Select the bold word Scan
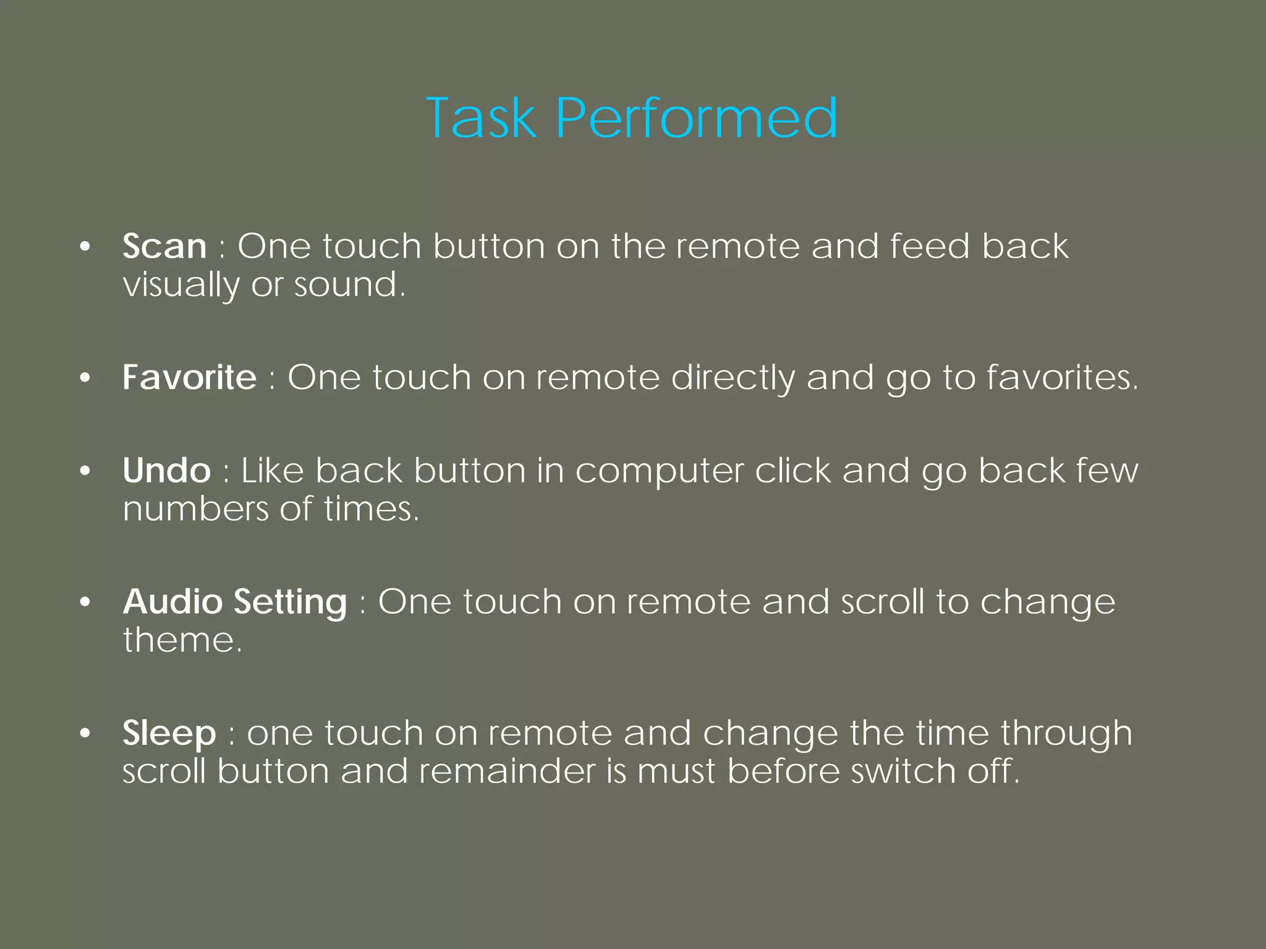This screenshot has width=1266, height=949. [x=164, y=246]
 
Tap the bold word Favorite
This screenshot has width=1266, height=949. [x=189, y=377]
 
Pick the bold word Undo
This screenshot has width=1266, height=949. [x=167, y=471]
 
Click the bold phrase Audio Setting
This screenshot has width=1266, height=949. [x=235, y=602]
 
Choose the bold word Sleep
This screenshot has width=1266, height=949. [x=169, y=733]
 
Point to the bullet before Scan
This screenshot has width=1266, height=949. [x=85, y=247]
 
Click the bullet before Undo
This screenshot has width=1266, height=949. [x=85, y=471]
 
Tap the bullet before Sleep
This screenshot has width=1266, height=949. [x=85, y=734]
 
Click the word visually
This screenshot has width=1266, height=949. [x=181, y=286]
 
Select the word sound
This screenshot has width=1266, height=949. [x=349, y=285]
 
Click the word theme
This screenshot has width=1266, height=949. [x=182, y=640]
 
